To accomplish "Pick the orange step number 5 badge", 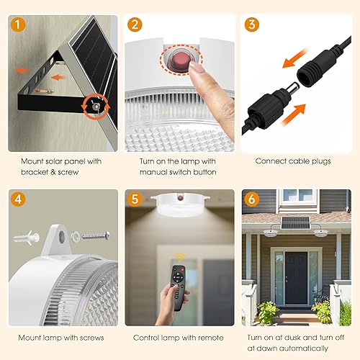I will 135,198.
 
